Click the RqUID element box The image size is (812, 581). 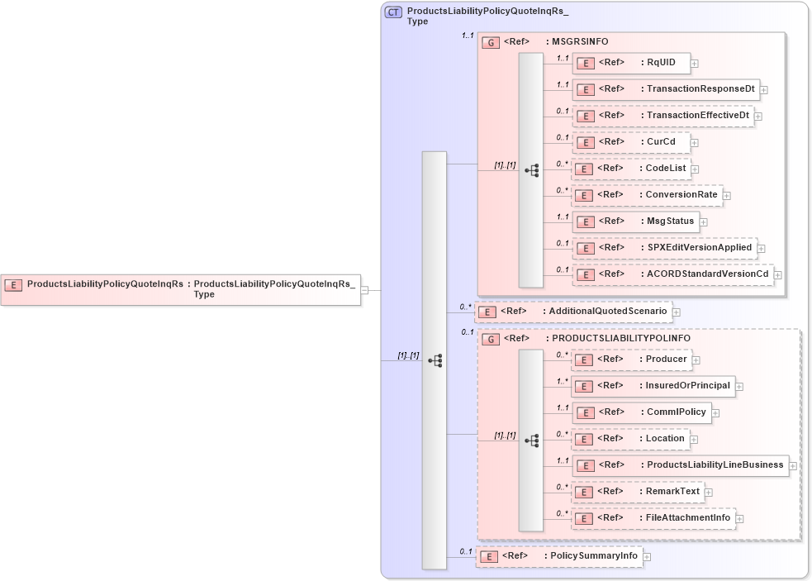(631, 63)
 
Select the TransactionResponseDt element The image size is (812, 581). (665, 89)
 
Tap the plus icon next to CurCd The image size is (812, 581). (695, 142)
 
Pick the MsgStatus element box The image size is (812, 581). (635, 221)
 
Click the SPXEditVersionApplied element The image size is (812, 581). (664, 247)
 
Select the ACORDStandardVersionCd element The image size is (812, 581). (672, 274)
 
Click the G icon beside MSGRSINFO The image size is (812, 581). (491, 42)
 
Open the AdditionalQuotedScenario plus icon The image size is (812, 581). (677, 312)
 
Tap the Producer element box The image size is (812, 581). (632, 360)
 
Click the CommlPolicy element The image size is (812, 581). (641, 412)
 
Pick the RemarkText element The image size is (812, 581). (638, 492)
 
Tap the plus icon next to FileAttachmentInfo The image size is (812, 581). (741, 519)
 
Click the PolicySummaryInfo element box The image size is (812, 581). (558, 556)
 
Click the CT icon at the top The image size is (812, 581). (394, 12)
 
